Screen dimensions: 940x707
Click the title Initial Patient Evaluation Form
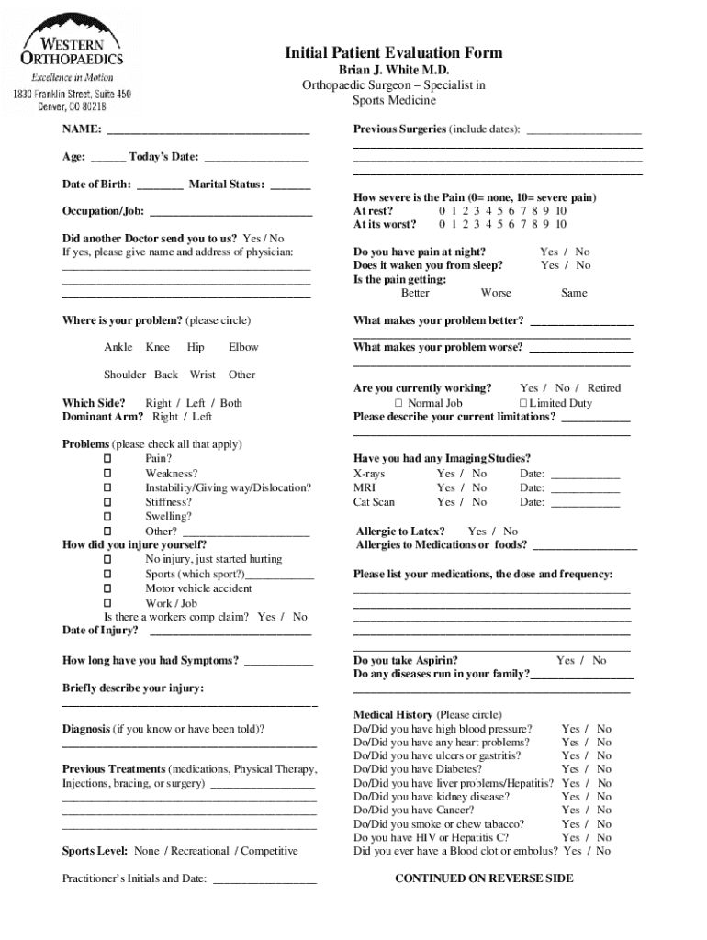[394, 52]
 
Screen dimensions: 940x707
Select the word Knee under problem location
[157, 347]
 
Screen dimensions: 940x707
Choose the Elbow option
[243, 347]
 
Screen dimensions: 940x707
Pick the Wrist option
[202, 375]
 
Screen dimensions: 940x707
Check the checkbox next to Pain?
[107, 458]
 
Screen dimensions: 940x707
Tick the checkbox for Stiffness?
[107, 502]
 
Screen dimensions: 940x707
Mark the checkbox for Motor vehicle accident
[107, 588]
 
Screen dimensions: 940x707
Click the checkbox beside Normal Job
[398, 403]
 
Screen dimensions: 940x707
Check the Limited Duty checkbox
[522, 403]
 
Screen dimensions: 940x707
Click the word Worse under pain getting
[496, 293]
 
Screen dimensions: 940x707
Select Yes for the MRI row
[445, 487]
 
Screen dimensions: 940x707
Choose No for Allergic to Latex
[511, 532]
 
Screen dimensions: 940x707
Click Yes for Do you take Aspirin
[565, 660]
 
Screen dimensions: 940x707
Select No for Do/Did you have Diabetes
[603, 769]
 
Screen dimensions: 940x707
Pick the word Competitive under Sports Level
[269, 851]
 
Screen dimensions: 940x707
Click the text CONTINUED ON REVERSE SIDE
[484, 878]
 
